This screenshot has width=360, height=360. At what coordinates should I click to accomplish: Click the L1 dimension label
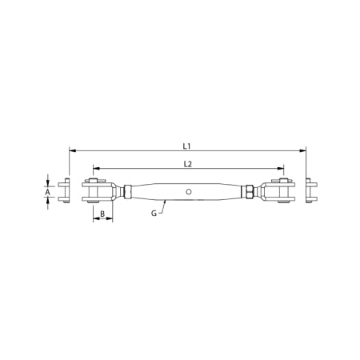point(186,146)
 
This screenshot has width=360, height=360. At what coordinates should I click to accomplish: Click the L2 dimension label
point(187,164)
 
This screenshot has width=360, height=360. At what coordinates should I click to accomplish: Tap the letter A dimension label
point(49,192)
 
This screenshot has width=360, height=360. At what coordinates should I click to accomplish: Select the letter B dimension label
point(102,214)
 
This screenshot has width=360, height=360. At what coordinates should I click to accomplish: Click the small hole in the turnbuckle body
point(187,192)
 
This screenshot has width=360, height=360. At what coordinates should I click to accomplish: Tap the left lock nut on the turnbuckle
point(128,192)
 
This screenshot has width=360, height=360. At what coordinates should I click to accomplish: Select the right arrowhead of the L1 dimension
point(304,150)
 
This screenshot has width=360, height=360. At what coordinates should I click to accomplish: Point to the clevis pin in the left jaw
point(94,192)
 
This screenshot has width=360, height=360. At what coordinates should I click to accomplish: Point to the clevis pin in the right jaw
point(282,192)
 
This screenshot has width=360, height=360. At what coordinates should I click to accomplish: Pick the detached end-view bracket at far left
point(68,192)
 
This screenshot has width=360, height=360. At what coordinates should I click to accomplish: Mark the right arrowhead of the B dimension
point(110,220)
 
